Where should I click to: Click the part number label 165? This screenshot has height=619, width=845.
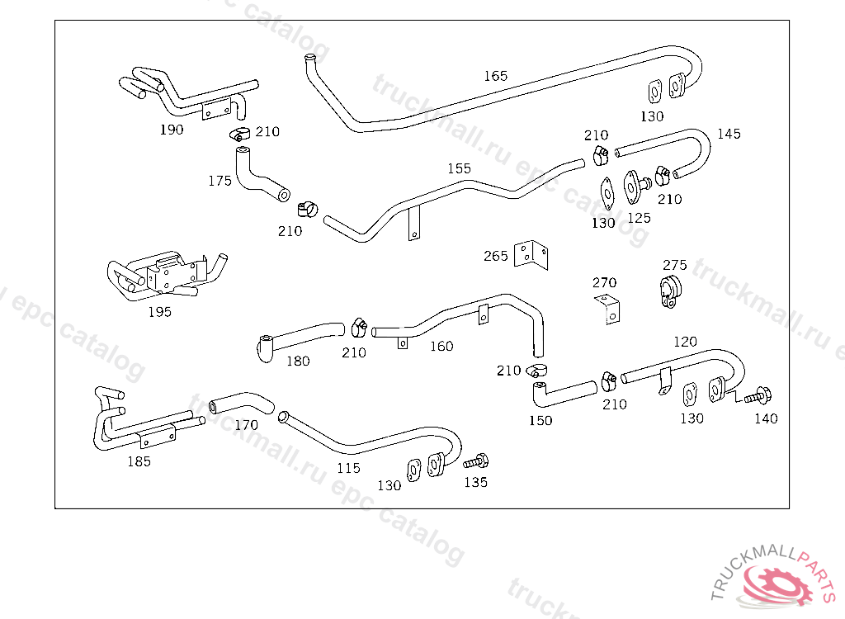coord(495,76)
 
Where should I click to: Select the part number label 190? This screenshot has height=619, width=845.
coord(172,130)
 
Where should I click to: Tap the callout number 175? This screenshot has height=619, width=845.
coord(220,181)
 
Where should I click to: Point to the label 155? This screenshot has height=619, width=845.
coord(459,168)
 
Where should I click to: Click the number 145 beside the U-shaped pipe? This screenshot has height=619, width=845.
coord(729,134)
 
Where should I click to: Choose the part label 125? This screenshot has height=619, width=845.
coord(640,218)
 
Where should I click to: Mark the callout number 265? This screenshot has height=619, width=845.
coord(495,256)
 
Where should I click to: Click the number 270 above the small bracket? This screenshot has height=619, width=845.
coord(604,282)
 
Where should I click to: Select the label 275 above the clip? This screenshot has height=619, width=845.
coord(675,265)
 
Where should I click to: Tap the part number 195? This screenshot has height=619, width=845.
coord(159,312)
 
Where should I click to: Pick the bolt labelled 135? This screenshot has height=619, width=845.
coord(476,461)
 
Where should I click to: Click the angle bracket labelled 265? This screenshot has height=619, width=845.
coord(531,254)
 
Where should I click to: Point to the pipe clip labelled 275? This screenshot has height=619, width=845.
coord(670,291)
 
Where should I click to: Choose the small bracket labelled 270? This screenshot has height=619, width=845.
coord(608,309)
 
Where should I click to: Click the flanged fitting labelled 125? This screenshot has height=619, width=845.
coord(636,187)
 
